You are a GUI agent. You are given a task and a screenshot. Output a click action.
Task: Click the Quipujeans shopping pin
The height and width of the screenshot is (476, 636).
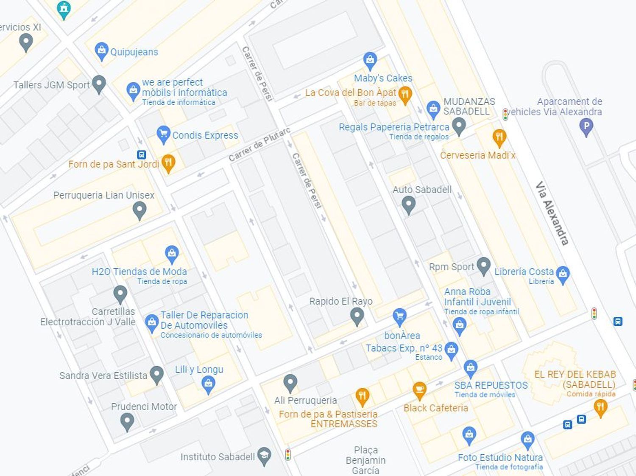point(101,51)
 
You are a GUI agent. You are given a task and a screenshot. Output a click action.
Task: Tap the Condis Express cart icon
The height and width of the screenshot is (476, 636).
point(163,134)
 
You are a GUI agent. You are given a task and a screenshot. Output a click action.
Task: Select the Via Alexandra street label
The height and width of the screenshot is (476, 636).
point(552,213)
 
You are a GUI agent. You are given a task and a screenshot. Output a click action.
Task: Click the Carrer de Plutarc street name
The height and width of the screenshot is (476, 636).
point(259,144)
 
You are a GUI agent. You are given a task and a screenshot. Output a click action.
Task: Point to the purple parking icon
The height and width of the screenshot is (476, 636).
point(586,126)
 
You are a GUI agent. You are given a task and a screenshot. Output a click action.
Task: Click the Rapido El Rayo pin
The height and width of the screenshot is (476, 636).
point(357,316)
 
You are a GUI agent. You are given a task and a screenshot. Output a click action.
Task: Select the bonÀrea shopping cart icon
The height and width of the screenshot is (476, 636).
point(399,316)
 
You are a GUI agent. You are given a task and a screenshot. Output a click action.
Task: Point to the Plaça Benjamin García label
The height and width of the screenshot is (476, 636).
point(365,460)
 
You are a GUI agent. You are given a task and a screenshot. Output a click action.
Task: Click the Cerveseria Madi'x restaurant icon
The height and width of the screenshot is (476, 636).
point(499,137)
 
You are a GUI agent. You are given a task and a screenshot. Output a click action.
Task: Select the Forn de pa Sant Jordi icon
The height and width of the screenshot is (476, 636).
point(168,162)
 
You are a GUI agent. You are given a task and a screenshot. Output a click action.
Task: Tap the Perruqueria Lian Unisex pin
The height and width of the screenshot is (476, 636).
point(139,210)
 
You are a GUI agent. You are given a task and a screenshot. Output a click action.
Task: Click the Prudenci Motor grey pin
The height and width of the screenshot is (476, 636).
point(127,421)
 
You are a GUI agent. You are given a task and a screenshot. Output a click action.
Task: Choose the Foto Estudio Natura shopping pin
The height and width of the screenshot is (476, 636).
point(527,440)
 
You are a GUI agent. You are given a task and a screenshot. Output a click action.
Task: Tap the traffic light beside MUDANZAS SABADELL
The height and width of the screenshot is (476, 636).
point(505,115)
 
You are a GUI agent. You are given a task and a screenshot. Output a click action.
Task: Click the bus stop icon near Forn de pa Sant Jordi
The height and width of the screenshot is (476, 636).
point(141,155)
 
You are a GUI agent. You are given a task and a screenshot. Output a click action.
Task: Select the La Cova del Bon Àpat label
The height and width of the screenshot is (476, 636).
point(350,92)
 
